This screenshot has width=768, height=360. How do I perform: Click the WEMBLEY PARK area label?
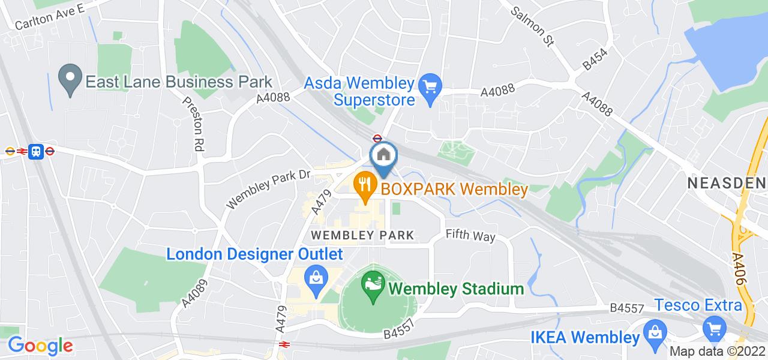[362, 235]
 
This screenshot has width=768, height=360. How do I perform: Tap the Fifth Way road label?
[470, 236]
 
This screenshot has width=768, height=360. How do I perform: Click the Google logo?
[40, 346]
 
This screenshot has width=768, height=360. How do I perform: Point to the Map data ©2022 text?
[718, 352]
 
